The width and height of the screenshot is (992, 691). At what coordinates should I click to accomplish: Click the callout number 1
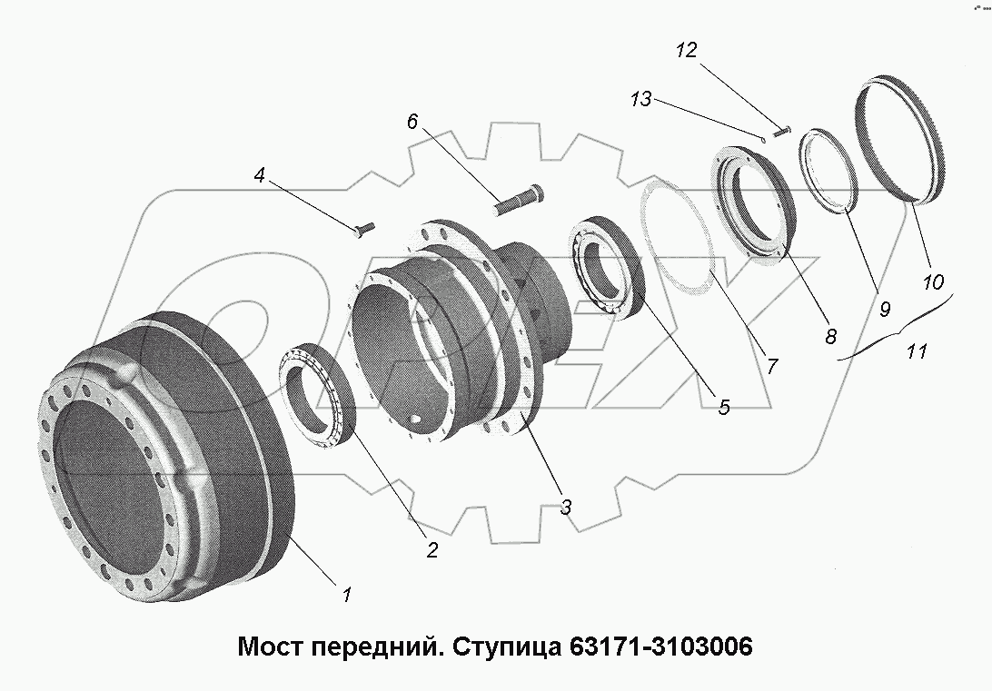[346, 596]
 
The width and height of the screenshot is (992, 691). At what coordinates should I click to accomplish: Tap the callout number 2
[432, 549]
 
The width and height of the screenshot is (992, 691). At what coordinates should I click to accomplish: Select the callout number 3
[565, 508]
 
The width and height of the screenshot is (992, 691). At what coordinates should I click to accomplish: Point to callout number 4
[260, 176]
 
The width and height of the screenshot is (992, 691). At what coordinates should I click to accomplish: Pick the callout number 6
[412, 122]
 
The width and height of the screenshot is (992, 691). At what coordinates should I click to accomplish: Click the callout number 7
[771, 366]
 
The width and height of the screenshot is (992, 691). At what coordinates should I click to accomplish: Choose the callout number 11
[916, 350]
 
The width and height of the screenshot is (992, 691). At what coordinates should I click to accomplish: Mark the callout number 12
[686, 50]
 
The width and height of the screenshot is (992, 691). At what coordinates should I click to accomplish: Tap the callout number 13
[641, 99]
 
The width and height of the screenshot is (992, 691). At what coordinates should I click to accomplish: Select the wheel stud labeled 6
[519, 199]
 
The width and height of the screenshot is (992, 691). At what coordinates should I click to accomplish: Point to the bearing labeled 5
[603, 267]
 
